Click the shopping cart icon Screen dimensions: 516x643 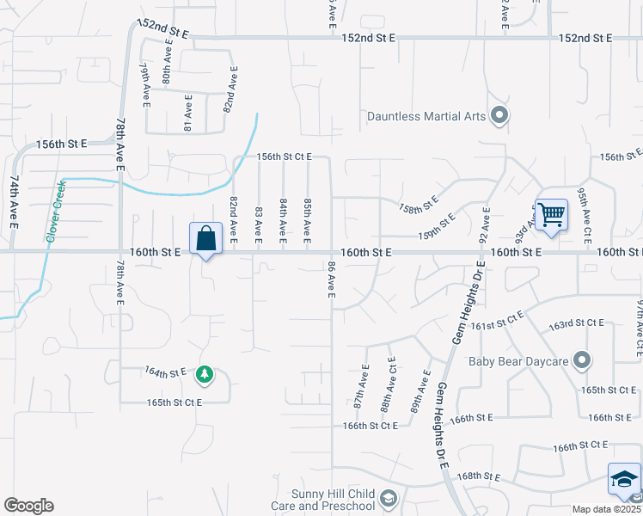[x=551, y=214]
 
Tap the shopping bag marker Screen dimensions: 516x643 [x=206, y=240]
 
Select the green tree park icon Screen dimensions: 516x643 [x=205, y=374]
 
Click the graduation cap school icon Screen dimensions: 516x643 [x=624, y=481]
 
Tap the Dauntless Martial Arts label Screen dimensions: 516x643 [x=426, y=115]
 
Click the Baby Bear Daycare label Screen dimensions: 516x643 [x=518, y=361]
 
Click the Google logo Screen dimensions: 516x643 [x=28, y=506]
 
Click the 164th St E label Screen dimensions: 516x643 [x=166, y=372]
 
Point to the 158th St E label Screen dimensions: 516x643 [x=419, y=205]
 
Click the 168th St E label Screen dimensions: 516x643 [x=479, y=476]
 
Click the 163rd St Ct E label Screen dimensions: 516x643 [x=579, y=323]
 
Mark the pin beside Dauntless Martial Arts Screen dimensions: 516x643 [x=499, y=115]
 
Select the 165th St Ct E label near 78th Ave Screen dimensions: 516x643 [x=175, y=402]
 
